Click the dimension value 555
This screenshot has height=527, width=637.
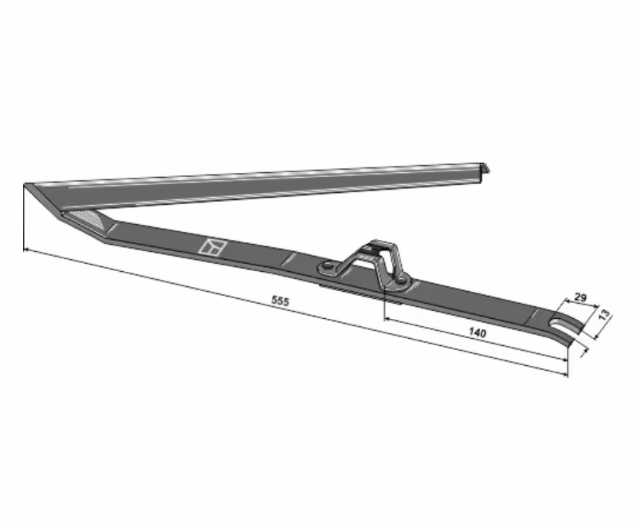pyautogui.click(x=280, y=301)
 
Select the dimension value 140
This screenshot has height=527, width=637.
pyautogui.click(x=477, y=332)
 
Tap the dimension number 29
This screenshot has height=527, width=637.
pyautogui.click(x=580, y=297)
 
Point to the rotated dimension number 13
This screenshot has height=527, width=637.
pyautogui.click(x=604, y=314)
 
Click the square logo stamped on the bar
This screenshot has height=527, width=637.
pyautogui.click(x=212, y=247)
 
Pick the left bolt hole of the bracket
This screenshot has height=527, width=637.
pyautogui.click(x=327, y=267)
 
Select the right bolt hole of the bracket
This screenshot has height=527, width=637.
pyautogui.click(x=401, y=281)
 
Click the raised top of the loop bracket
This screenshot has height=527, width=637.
pyautogui.click(x=379, y=246)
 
